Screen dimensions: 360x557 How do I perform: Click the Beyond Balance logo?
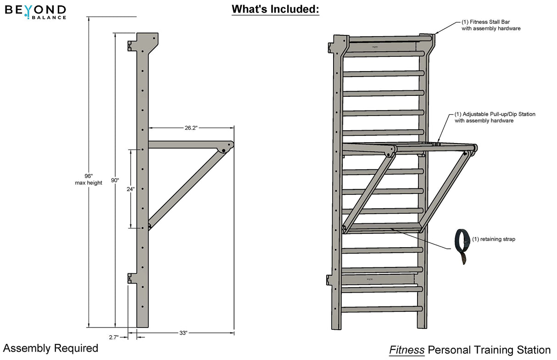point(35,11)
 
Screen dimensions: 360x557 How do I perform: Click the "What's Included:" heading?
point(275,9)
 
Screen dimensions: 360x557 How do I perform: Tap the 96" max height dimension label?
point(89,179)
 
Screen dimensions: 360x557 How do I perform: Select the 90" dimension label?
point(115,180)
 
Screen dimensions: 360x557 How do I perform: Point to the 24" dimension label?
point(131,188)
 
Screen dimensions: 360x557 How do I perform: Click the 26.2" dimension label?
point(190,128)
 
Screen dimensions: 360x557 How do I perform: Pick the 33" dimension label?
point(184,333)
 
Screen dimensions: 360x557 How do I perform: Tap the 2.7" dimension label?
point(113,337)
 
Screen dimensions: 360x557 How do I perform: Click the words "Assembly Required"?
point(50,348)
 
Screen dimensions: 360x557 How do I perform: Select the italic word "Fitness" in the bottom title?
point(407,350)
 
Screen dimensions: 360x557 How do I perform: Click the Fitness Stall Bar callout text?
point(490,25)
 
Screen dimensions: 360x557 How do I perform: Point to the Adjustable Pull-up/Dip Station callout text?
point(495,117)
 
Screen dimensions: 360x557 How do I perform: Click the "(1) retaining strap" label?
point(493,239)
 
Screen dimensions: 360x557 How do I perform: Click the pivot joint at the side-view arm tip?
point(223,150)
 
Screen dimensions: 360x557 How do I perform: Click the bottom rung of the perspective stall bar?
point(381,310)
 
